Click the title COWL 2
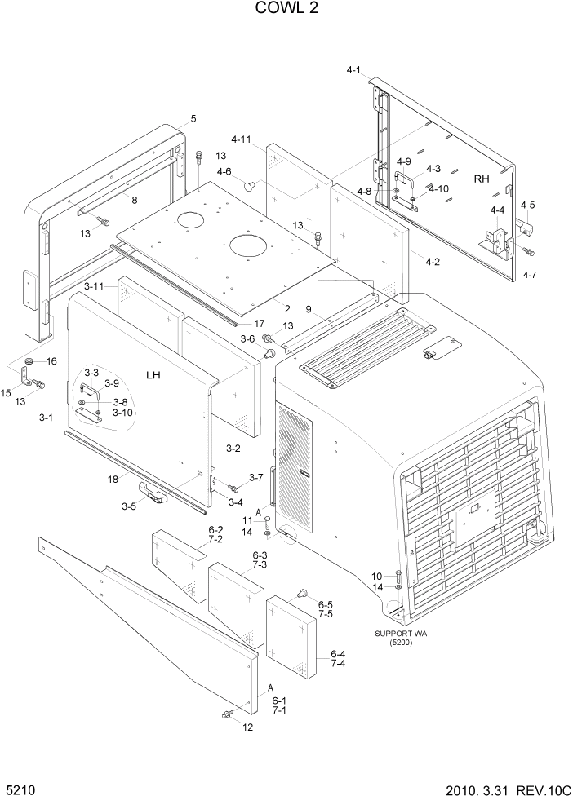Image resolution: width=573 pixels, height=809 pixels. point(286,9)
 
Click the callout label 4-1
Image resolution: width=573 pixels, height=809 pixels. point(353,71)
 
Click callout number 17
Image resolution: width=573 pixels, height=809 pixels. point(259,324)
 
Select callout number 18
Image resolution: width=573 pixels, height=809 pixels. point(113,480)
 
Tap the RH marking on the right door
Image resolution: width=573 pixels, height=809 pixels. point(482,179)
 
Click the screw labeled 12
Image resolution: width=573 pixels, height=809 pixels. point(227,715)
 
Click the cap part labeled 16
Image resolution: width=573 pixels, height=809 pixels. point(28,361)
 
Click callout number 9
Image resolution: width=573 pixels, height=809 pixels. point(309,309)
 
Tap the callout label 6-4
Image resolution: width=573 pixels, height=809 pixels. point(339,653)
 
